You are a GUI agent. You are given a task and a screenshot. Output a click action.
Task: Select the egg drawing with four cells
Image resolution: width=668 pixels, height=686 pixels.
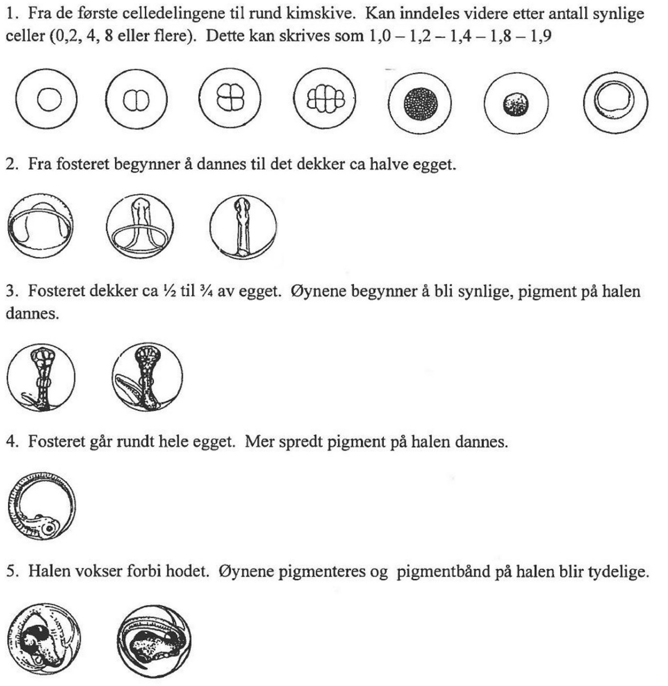[230, 99]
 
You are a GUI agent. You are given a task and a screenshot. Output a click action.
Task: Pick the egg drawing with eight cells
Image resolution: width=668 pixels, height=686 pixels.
[325, 99]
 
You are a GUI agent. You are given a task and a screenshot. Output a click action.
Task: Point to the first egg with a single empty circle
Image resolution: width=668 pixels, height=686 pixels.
[47, 100]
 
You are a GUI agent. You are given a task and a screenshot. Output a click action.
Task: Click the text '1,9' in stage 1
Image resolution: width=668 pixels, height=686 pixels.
[541, 37]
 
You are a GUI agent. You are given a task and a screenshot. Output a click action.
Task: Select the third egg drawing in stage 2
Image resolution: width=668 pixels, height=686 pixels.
[243, 227]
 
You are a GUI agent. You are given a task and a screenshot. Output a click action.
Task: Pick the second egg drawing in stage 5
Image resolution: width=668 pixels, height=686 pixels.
[154, 640]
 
